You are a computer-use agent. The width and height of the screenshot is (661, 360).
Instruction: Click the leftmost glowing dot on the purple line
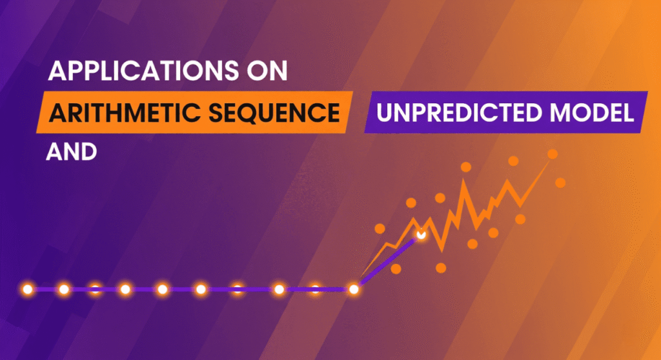[x=27, y=289]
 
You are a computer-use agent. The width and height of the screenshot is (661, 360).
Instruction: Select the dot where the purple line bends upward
[x=353, y=290]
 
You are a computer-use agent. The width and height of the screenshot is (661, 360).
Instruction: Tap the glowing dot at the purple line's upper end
[x=421, y=235]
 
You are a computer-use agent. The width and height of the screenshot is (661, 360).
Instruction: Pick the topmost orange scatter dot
[x=552, y=154]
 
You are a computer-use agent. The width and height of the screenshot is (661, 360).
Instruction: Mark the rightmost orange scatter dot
[x=560, y=183]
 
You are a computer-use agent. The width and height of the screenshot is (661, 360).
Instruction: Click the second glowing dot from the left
[x=64, y=289]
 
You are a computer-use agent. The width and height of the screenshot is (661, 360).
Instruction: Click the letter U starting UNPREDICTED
[x=385, y=114]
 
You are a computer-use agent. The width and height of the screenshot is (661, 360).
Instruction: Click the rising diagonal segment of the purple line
[x=387, y=262]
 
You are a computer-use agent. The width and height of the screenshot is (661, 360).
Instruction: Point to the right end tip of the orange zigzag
[x=551, y=161]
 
